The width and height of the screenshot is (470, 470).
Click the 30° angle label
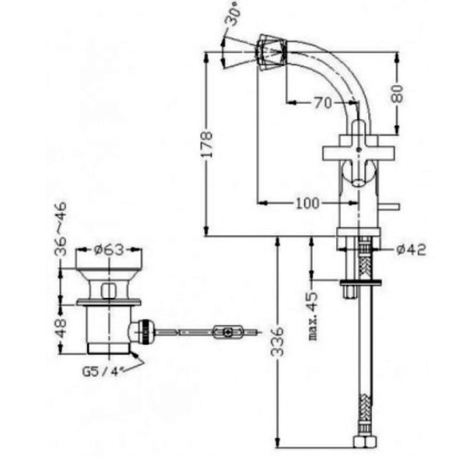pyautogui.click(x=233, y=15)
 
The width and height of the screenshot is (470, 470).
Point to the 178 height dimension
pyautogui.click(x=206, y=144)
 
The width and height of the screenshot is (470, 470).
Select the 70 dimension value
pyautogui.click(x=323, y=103)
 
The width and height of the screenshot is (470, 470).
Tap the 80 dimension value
pyautogui.click(x=397, y=93)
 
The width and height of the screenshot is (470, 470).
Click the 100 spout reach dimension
pyautogui.click(x=308, y=203)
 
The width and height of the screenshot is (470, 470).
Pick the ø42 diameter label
pyautogui.click(x=411, y=249)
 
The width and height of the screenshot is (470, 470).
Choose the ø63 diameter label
pyautogui.click(x=109, y=249)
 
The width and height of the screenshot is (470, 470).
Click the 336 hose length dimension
pyautogui.click(x=277, y=342)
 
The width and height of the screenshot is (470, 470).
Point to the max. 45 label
pyautogui.click(x=313, y=316)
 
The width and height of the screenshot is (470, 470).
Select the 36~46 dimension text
pyautogui.click(x=60, y=229)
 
